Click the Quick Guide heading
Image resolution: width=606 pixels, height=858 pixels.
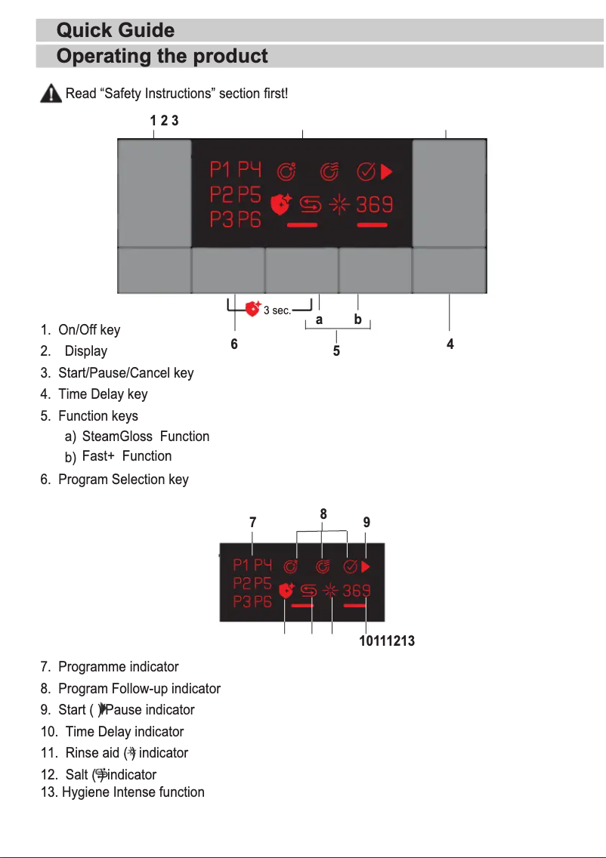tap(116, 30)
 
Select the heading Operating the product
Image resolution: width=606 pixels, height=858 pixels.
tap(162, 57)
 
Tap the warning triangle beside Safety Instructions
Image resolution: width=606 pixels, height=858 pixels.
tap(50, 94)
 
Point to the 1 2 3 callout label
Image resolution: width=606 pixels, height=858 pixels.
tap(164, 120)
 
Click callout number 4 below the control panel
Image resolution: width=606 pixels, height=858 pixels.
tap(450, 344)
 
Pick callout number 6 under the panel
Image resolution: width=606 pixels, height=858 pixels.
tap(234, 344)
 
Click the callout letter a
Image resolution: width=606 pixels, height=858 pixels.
tap(320, 319)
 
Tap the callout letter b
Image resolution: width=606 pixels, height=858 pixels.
tap(357, 319)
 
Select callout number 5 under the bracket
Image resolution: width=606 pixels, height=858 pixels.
tap(336, 350)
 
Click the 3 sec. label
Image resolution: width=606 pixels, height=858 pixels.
tap(277, 310)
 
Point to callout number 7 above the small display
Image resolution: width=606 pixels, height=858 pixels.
tap(252, 522)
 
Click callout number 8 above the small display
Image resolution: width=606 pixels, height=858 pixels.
tap(323, 514)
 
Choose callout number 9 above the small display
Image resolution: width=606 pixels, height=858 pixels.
tap(366, 522)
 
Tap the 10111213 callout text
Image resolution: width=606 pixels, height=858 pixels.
tap(386, 642)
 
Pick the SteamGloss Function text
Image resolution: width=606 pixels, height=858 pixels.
tap(145, 437)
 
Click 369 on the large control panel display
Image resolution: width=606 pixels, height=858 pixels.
tap(373, 205)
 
